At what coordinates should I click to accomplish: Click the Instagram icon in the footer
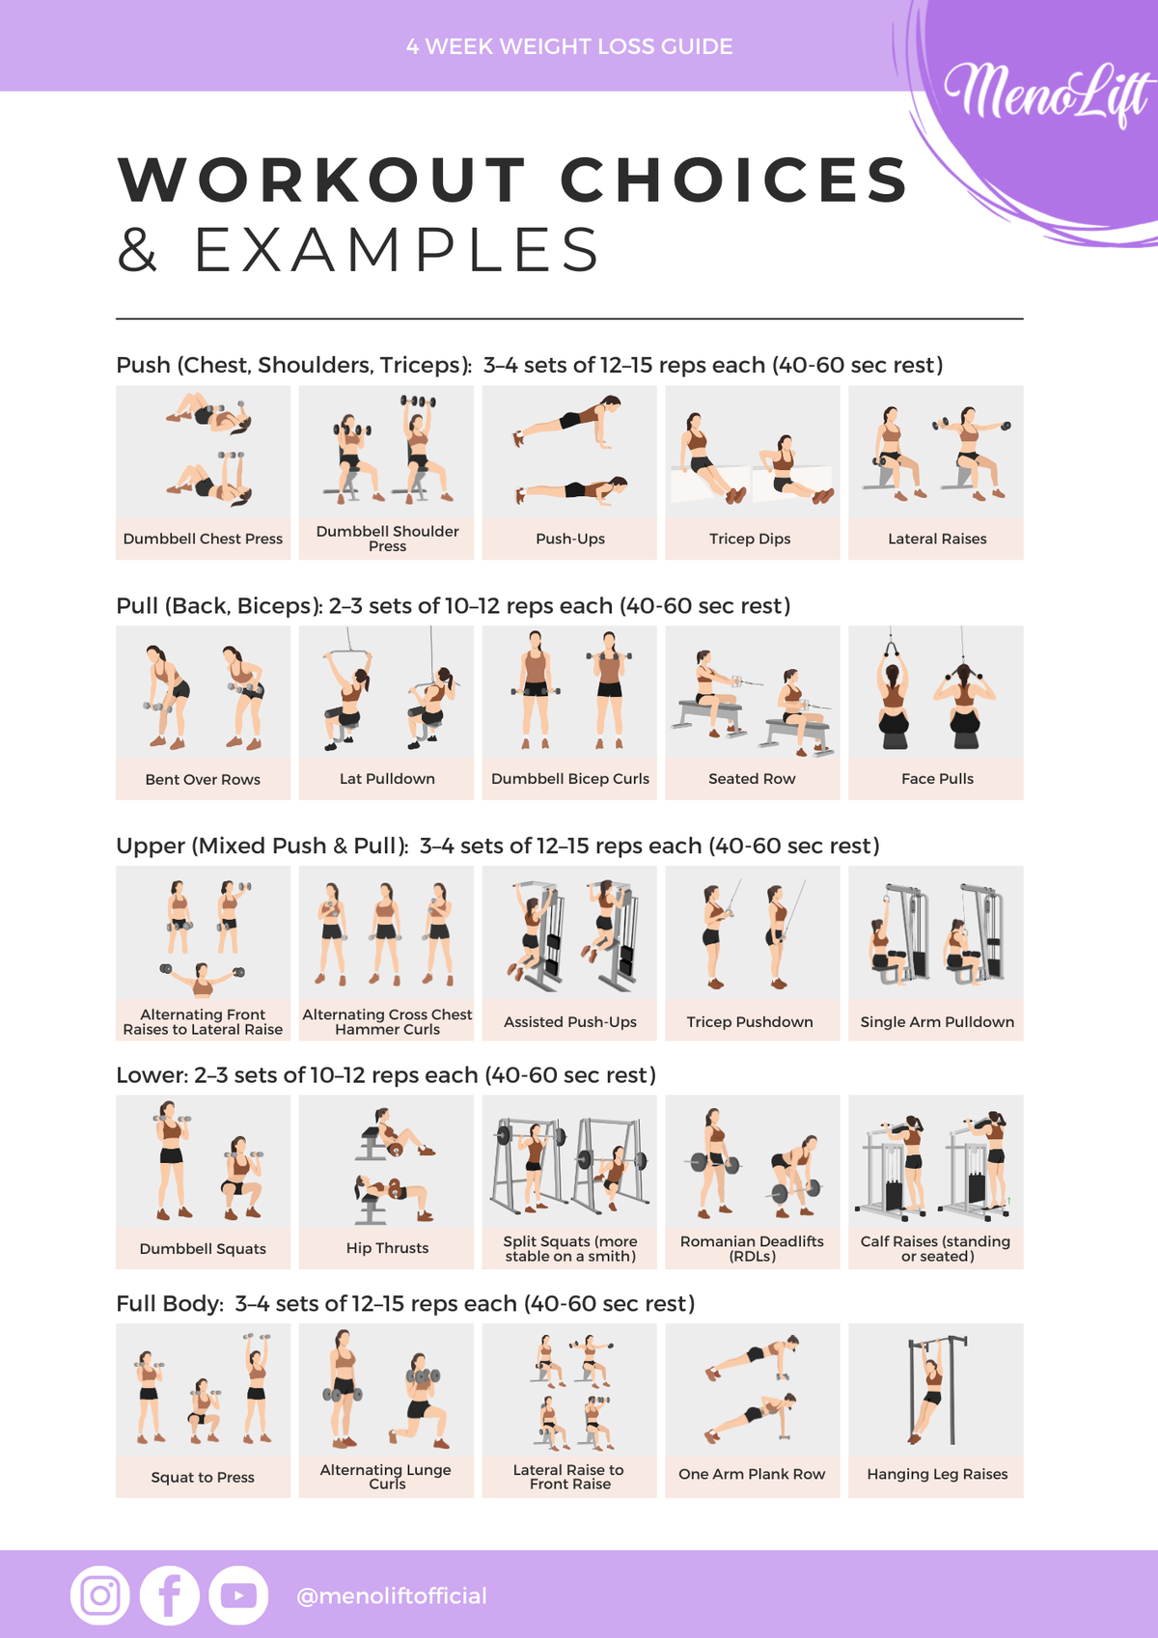100,1595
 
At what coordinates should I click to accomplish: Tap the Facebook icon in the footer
170,1595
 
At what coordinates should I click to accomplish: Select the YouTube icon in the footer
238,1595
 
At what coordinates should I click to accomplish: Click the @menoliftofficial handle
391,1596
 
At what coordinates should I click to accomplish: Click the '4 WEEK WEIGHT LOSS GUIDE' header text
569,46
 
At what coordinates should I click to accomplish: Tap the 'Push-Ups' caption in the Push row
570,539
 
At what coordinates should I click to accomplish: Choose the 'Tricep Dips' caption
750,539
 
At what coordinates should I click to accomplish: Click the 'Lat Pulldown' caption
387,779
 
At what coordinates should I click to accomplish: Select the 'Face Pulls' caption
937,779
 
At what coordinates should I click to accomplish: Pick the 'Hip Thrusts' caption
387,1247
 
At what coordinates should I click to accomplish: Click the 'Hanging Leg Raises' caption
937,1474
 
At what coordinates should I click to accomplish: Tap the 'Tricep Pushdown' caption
750,1021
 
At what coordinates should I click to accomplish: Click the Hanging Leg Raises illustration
936,1389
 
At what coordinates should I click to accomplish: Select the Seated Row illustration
753,703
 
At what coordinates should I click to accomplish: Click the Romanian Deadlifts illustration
753,1163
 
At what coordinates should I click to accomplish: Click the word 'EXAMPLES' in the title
397,250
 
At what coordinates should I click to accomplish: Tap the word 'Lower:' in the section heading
152,1075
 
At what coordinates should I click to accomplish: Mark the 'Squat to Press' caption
203,1477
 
